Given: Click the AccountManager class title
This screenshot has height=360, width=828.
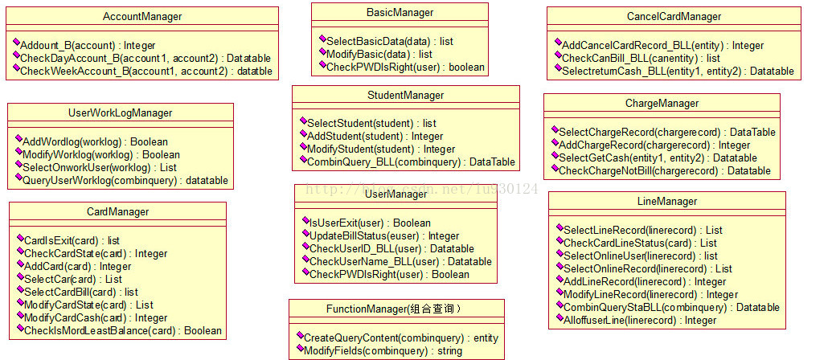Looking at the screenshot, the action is [142, 17].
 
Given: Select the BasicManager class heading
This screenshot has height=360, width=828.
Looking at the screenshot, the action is [400, 12].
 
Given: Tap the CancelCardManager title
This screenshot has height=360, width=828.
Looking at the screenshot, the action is [674, 16].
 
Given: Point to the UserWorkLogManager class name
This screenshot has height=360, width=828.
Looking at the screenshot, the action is [120, 113].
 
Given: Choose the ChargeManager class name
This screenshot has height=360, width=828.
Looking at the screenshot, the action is [662, 104].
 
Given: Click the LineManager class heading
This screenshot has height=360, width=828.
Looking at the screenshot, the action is [667, 201].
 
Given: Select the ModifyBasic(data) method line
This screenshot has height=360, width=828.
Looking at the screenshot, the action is [379, 55].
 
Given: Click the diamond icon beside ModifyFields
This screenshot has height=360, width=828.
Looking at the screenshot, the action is [299, 349].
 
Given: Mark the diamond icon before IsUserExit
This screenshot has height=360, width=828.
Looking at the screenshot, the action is [305, 219].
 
